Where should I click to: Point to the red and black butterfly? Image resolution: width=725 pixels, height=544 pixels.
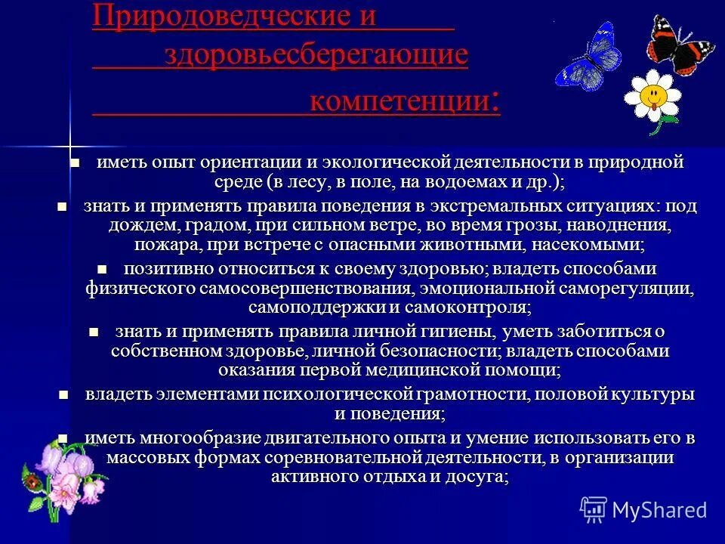(680, 45)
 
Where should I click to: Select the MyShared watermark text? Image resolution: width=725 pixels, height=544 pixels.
(659, 510)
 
